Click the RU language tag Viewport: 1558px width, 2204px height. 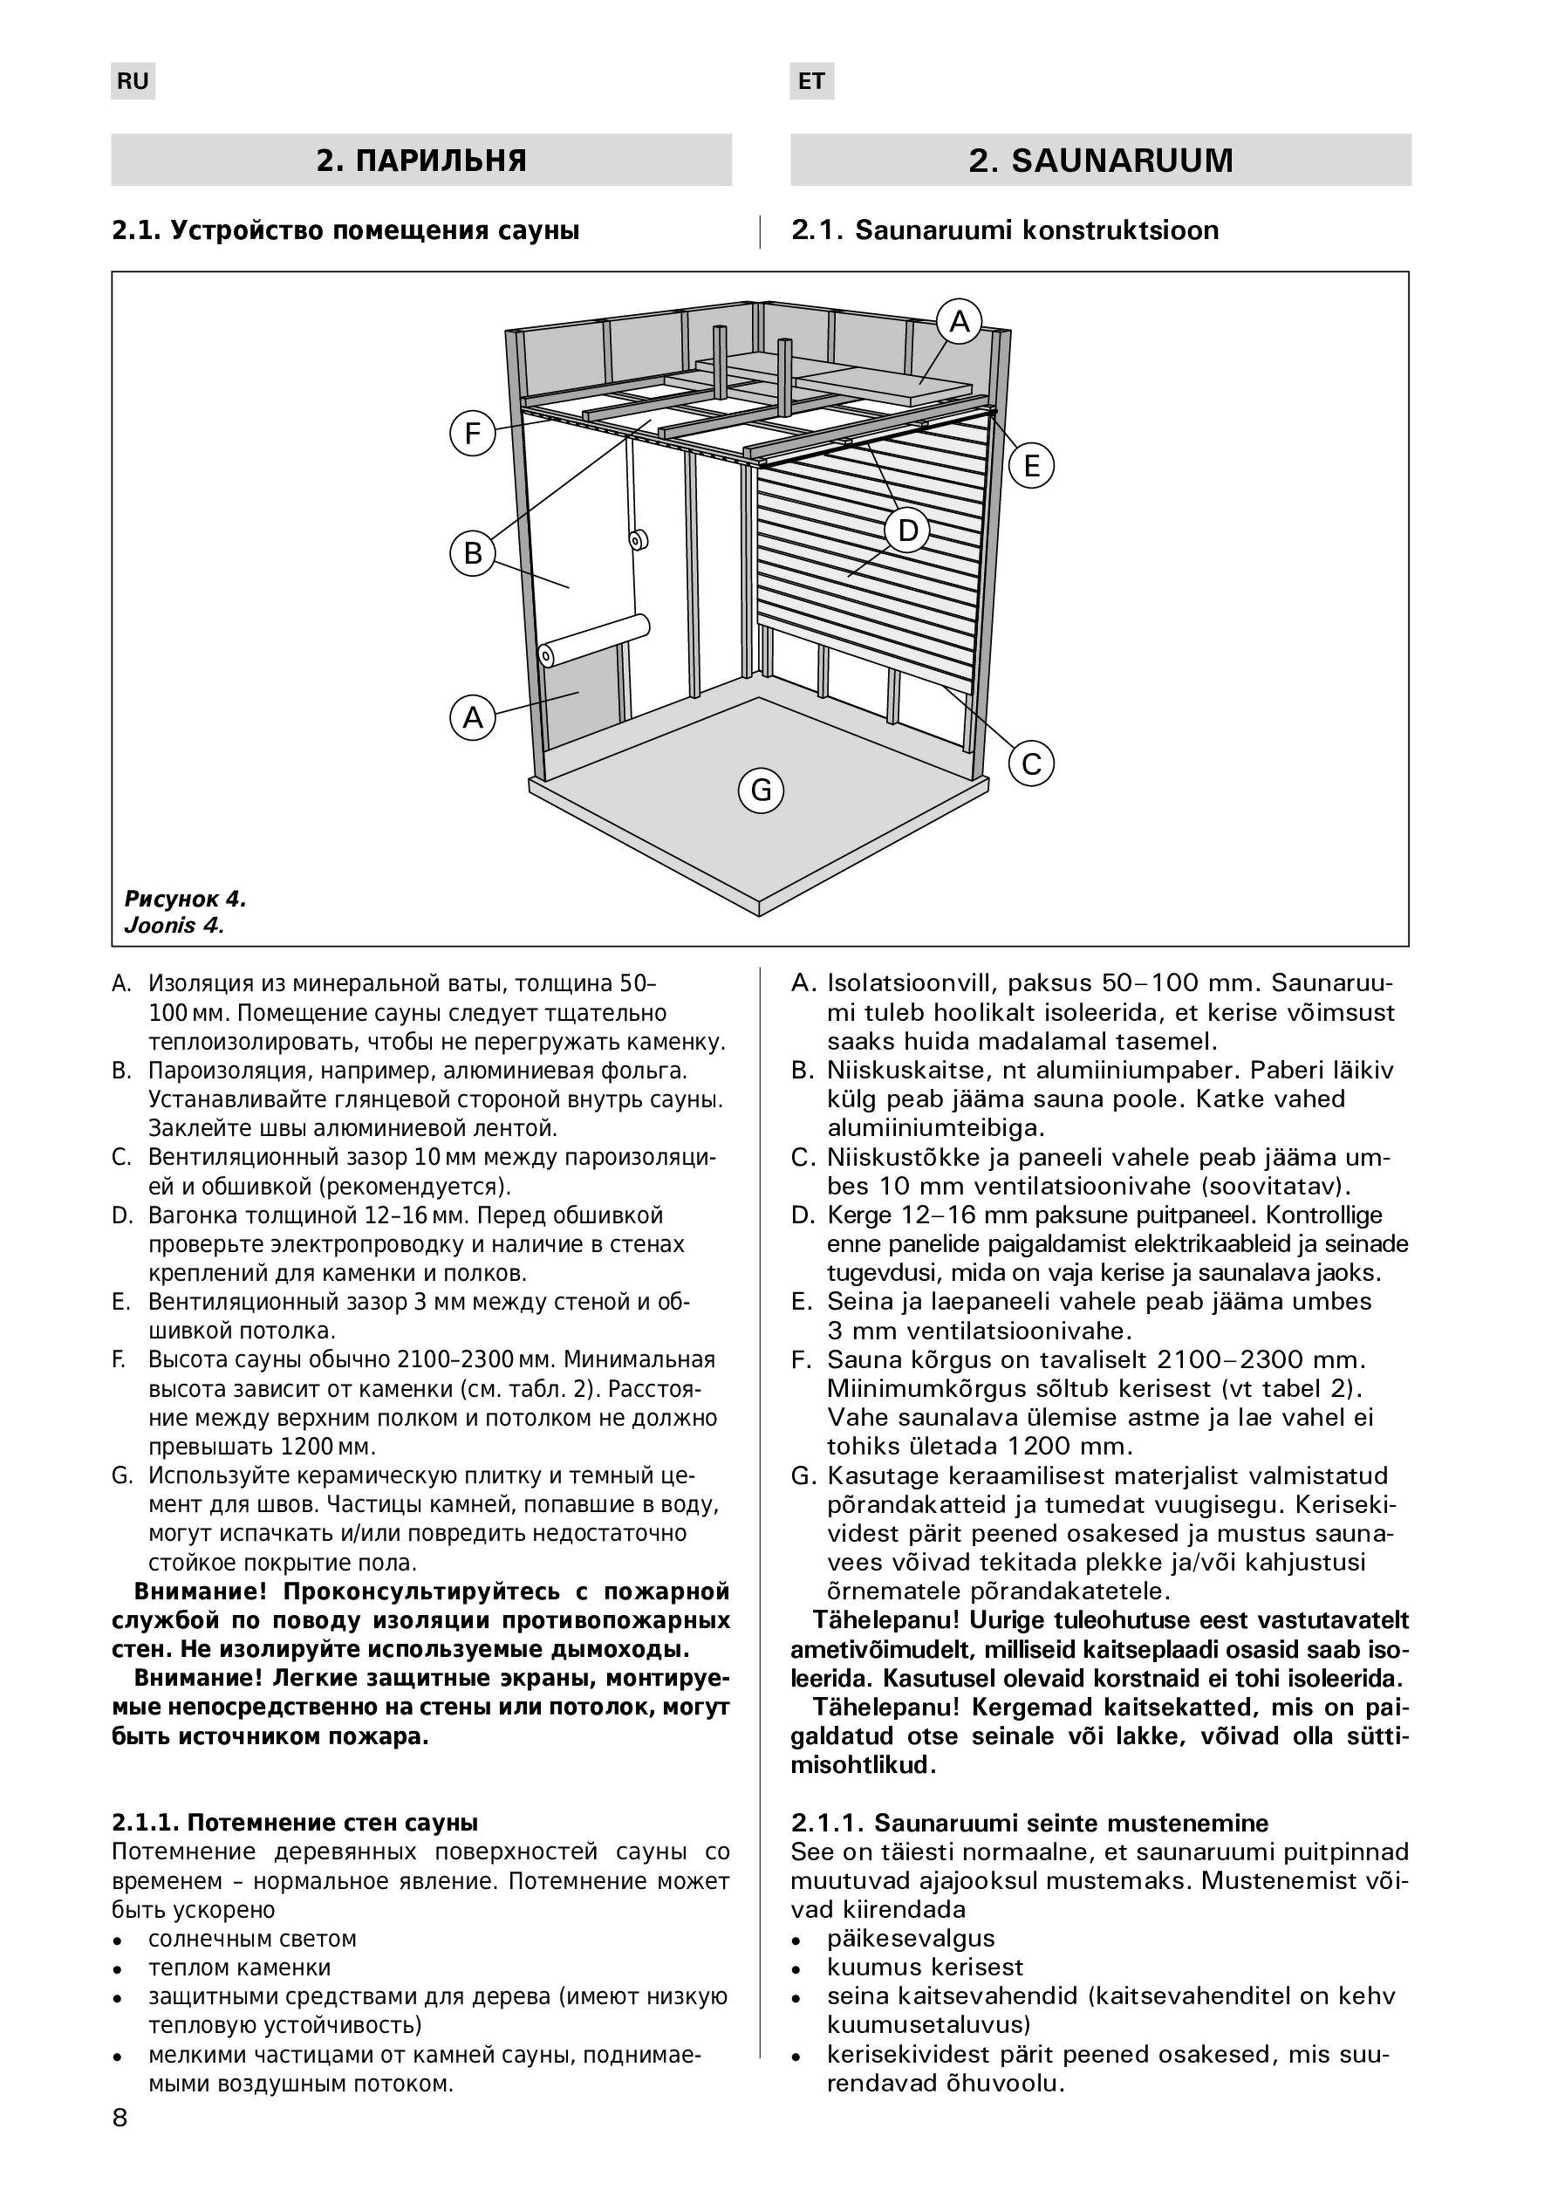(133, 82)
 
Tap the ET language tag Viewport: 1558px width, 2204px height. (811, 82)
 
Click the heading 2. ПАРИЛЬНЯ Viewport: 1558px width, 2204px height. (421, 160)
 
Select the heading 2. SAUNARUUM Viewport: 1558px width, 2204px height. (1100, 160)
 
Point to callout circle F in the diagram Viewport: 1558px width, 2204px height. (472, 434)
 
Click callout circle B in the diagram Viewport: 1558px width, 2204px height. (472, 554)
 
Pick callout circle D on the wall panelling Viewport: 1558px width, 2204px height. (907, 530)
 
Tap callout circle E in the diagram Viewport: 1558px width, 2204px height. (1032, 466)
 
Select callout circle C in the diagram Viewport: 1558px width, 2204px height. (1032, 764)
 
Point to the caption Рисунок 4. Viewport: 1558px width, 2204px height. (185, 900)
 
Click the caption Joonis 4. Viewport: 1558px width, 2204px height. (174, 926)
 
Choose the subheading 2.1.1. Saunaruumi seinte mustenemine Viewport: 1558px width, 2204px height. (1029, 1823)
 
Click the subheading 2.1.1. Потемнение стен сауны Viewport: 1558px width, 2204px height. (295, 1823)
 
